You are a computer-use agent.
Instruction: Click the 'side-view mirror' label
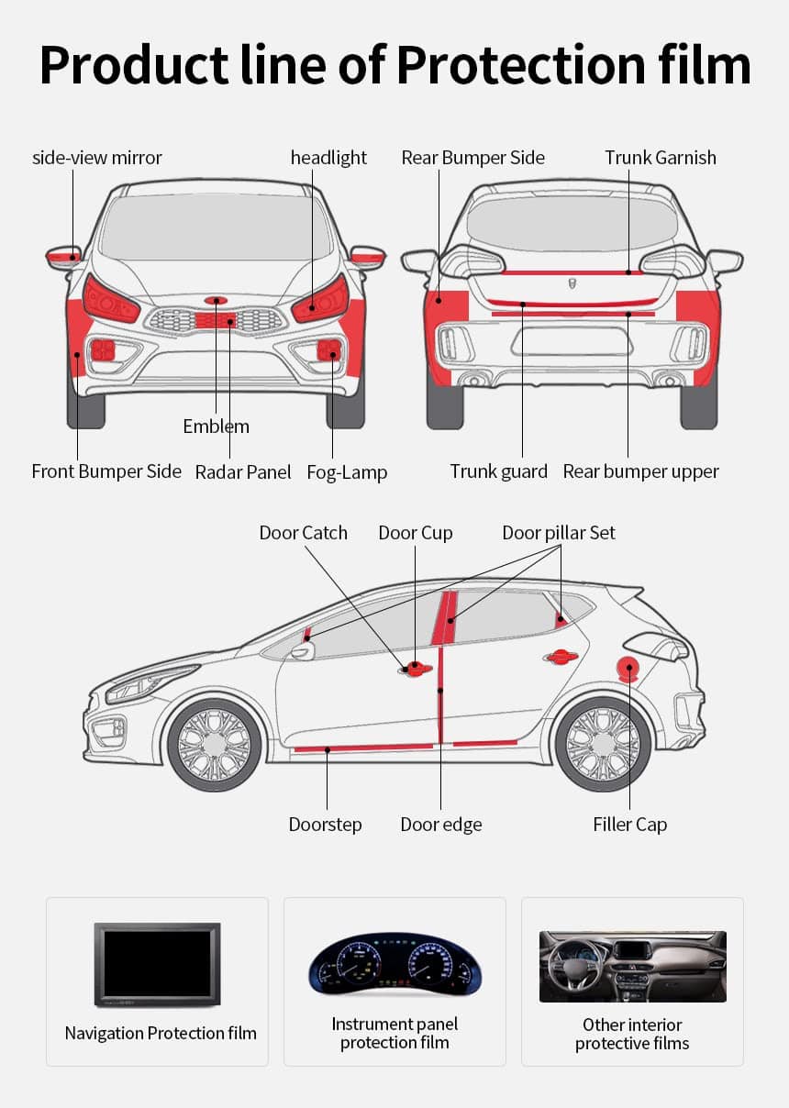[x=97, y=158]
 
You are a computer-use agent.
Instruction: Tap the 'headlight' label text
[x=328, y=158]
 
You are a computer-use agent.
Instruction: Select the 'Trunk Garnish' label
[x=660, y=158]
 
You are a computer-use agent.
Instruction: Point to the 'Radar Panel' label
[x=243, y=472]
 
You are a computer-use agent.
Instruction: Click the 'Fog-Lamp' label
[x=347, y=472]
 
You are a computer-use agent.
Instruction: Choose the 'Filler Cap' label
[x=629, y=825]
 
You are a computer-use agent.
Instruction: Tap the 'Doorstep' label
[x=325, y=825]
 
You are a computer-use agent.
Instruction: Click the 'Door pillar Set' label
[x=558, y=533]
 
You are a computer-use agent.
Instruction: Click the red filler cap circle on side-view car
[x=629, y=670]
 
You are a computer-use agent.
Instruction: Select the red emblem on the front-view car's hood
[x=217, y=300]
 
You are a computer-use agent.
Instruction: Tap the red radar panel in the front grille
[x=217, y=319]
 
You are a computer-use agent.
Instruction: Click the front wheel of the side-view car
[x=214, y=744]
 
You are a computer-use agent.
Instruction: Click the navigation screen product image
[x=157, y=964]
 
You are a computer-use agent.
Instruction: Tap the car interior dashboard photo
[x=632, y=967]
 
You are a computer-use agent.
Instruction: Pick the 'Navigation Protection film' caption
[x=161, y=1034]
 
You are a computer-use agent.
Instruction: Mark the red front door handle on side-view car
[x=415, y=668]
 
